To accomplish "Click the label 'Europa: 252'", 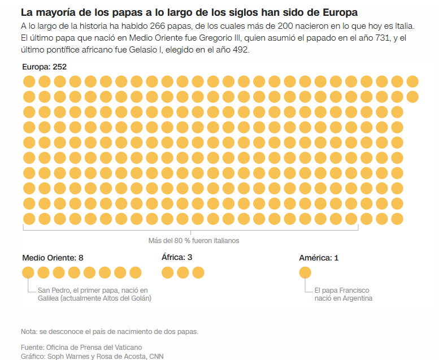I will point(44,67).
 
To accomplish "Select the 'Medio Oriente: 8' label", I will point(53,258).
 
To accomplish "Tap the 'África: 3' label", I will point(177,258).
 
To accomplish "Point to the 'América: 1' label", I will point(319,258).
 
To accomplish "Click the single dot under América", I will point(305,273).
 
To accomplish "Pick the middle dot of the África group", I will point(182,273).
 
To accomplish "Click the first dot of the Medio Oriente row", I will point(28,273).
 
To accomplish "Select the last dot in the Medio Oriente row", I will point(136,273).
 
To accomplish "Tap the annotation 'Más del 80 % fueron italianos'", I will point(193,241).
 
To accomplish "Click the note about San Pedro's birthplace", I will point(94,294).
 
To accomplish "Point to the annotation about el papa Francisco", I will point(344,294).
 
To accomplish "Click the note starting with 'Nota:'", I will point(109,331).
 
